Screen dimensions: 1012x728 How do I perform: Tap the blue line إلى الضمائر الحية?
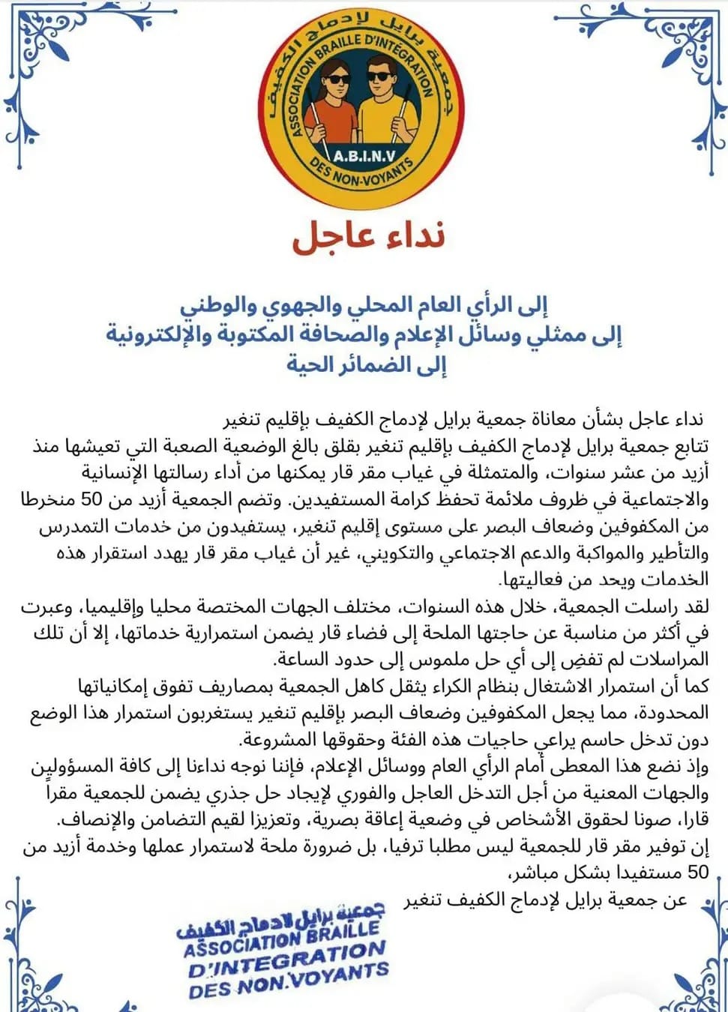[x=366, y=365]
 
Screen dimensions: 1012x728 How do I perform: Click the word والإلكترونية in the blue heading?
[x=157, y=334]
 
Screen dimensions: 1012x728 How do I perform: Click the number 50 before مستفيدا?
[x=697, y=872]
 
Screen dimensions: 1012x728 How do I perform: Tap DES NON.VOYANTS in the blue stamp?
[x=288, y=983]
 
